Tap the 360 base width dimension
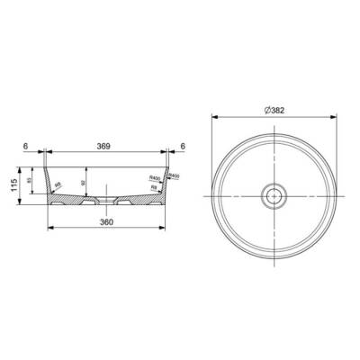pos(105,220)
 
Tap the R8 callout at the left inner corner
pos(59,187)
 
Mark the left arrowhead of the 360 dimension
pos(50,229)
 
